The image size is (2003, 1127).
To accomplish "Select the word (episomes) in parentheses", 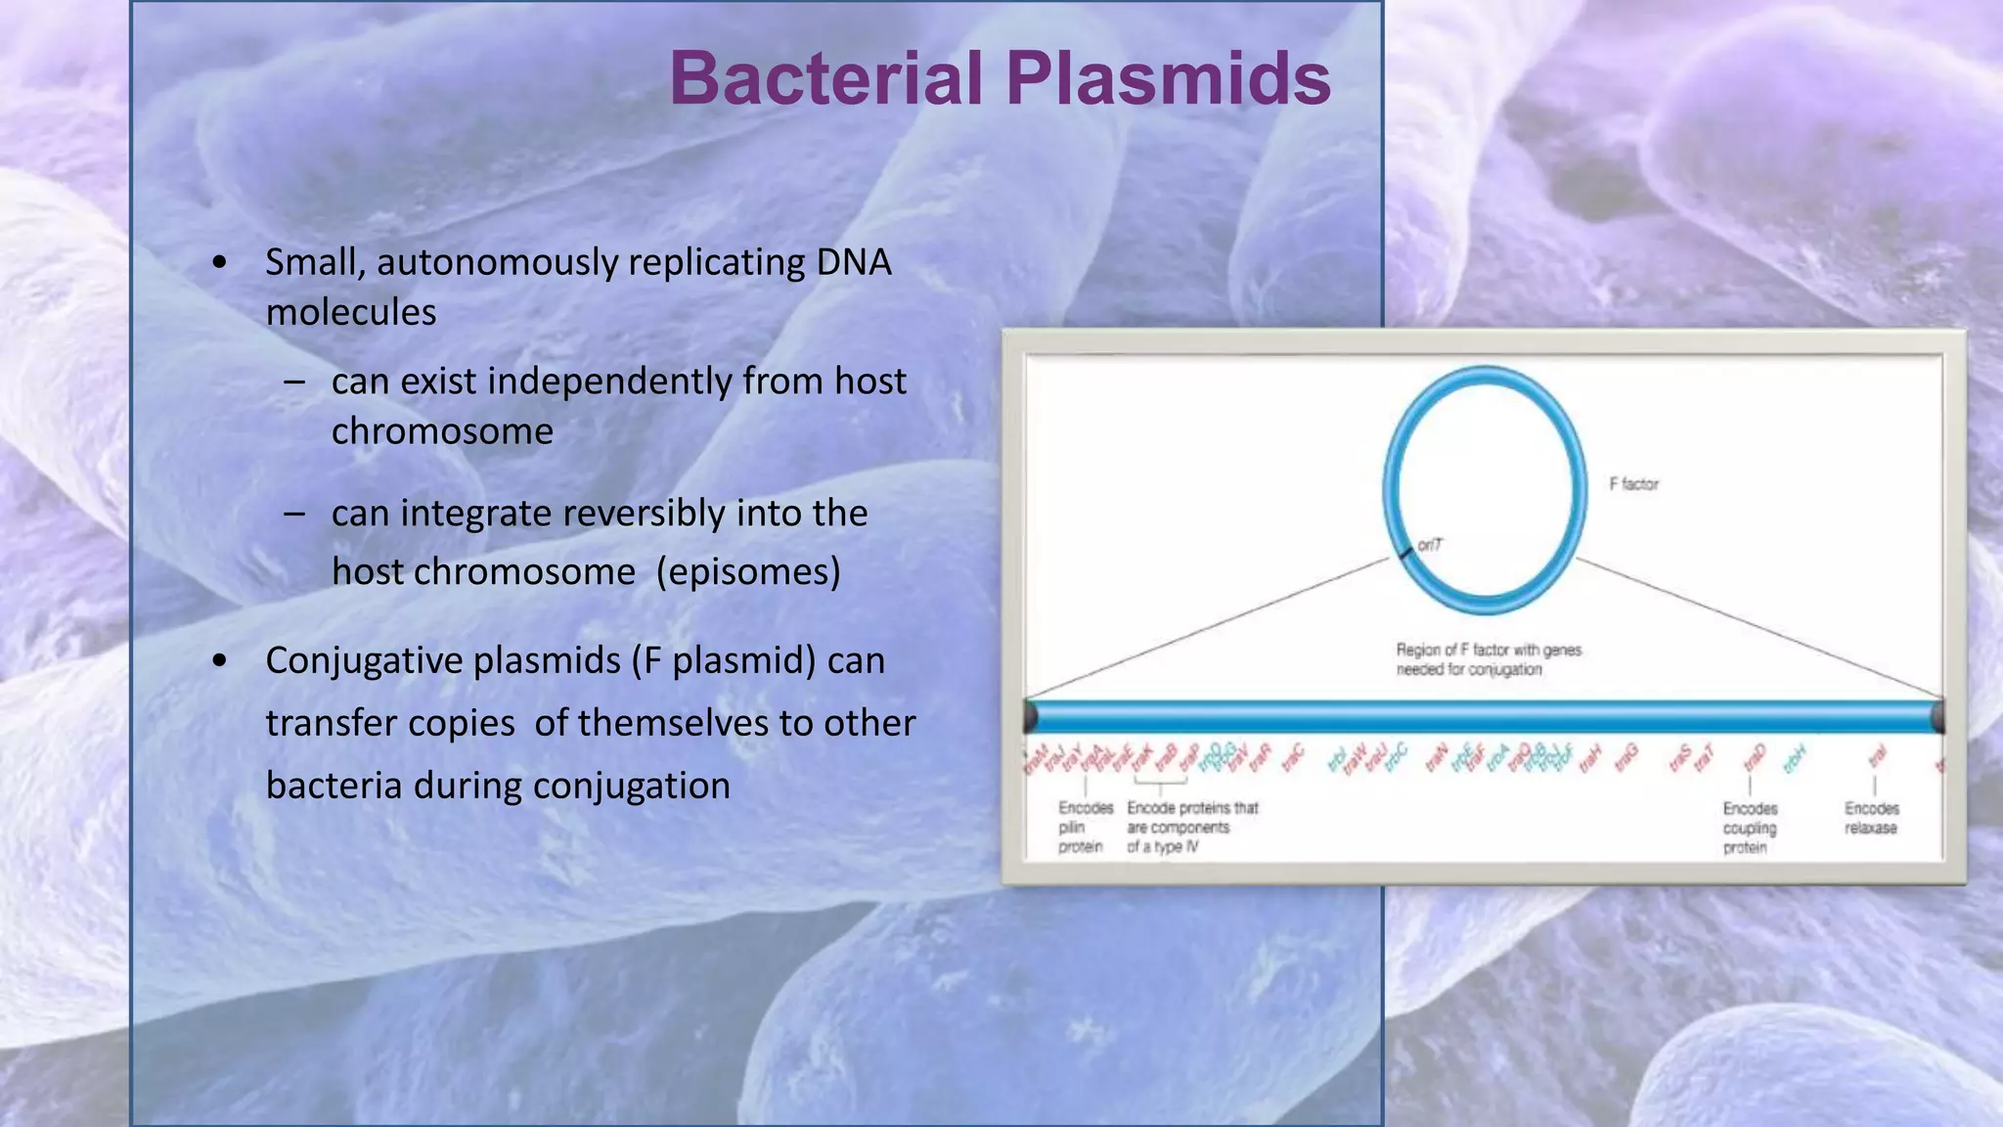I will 748,572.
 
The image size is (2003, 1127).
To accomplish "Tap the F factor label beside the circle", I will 1633,483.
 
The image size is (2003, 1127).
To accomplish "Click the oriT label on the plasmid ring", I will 1430,545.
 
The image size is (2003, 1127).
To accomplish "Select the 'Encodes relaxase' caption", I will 1871,818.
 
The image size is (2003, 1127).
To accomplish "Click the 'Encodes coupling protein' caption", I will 1750,828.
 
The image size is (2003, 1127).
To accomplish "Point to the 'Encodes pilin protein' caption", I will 1085,827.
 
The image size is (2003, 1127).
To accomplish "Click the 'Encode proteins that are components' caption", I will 1191,827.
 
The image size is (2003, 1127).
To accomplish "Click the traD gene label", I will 1756,756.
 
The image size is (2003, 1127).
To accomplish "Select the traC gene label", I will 1294,756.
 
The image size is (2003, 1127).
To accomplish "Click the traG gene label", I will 1626,756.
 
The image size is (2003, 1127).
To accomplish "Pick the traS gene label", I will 1680,756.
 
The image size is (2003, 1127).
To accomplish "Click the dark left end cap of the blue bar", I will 1030,717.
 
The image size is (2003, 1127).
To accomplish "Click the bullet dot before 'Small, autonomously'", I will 219,263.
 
